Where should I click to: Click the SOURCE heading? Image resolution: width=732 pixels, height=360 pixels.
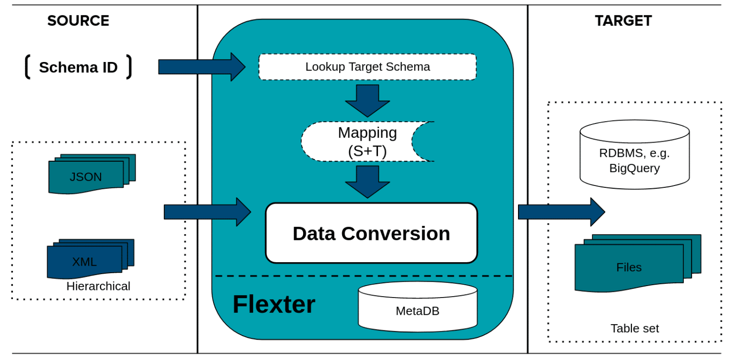(78, 21)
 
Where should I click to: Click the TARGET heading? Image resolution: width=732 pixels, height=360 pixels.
(623, 21)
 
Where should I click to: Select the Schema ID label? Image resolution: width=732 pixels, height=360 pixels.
(78, 67)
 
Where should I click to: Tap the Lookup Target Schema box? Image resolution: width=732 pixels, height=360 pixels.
(367, 67)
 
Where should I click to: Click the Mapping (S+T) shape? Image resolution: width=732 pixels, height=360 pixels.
(367, 142)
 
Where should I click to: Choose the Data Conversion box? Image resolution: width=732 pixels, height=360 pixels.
(371, 233)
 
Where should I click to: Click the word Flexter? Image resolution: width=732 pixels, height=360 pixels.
(274, 304)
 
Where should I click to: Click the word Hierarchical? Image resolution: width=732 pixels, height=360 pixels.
(98, 286)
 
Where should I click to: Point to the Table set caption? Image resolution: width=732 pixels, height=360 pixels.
(634, 328)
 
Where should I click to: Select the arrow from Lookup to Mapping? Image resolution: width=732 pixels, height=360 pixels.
(367, 101)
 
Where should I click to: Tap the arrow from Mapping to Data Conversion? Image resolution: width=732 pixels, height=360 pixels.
(367, 182)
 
